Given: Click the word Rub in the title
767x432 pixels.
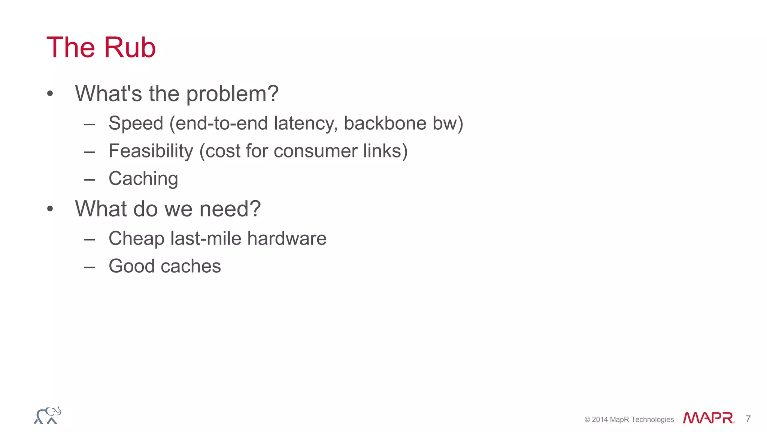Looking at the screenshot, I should pyautogui.click(x=130, y=48).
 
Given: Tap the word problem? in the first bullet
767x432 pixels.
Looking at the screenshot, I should pyautogui.click(x=232, y=94).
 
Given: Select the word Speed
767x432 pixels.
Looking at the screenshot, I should pyautogui.click(x=136, y=123).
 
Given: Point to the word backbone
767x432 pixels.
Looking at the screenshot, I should pyautogui.click(x=385, y=123).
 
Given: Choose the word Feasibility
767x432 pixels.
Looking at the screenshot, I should pyautogui.click(x=151, y=151).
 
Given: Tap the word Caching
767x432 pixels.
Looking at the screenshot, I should pyautogui.click(x=143, y=178).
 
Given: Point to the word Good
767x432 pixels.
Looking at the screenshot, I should pyautogui.click(x=131, y=266).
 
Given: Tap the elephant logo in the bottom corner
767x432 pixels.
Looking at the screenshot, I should pyautogui.click(x=48, y=415).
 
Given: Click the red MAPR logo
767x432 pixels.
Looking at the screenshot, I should pyautogui.click(x=708, y=418).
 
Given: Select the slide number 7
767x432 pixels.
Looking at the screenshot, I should pyautogui.click(x=748, y=419).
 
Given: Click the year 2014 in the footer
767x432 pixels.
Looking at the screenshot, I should pyautogui.click(x=600, y=420).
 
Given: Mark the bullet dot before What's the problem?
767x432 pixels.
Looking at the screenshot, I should pyautogui.click(x=50, y=94).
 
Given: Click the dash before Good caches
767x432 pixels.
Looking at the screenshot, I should pyautogui.click(x=90, y=267).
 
